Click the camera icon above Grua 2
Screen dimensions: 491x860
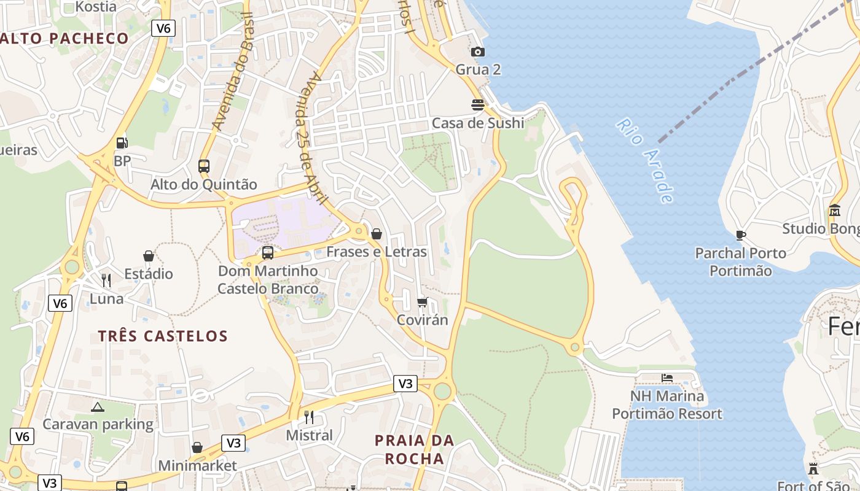pyautogui.click(x=478, y=52)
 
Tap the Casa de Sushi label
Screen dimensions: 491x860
pyautogui.click(x=478, y=123)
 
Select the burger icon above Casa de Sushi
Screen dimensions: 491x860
pyautogui.click(x=478, y=105)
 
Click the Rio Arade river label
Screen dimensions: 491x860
pyautogui.click(x=645, y=161)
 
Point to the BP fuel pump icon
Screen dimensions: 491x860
pyautogui.click(x=122, y=143)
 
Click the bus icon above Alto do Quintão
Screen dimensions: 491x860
pyautogui.click(x=204, y=166)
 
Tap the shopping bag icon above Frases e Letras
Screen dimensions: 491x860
pyautogui.click(x=377, y=234)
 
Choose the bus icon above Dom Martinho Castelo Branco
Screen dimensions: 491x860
pyautogui.click(x=268, y=252)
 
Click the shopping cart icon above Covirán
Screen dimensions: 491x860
pyautogui.click(x=422, y=302)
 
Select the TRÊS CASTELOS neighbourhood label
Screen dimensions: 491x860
pyautogui.click(x=163, y=336)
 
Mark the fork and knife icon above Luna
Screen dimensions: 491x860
pyautogui.click(x=106, y=280)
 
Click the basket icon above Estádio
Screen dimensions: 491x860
pyautogui.click(x=148, y=256)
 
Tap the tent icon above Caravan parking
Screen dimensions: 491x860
pyautogui.click(x=98, y=406)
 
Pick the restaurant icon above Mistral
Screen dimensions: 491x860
pyautogui.click(x=309, y=417)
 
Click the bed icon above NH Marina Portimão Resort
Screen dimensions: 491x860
pyautogui.click(x=667, y=377)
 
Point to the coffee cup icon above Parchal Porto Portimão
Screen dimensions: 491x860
pyautogui.click(x=740, y=235)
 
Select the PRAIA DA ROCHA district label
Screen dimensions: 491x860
pyautogui.click(x=414, y=449)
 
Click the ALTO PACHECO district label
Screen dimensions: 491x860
pyautogui.click(x=64, y=38)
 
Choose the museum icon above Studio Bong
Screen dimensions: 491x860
pyautogui.click(x=834, y=211)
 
